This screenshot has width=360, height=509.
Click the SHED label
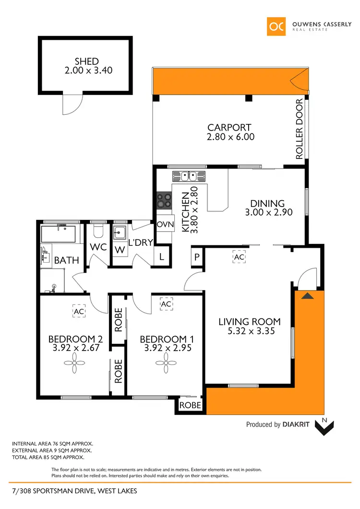coord(86,61)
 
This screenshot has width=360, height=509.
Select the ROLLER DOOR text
coord(300,129)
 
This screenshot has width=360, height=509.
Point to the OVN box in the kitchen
coord(165,225)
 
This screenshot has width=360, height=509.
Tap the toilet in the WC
coord(98,232)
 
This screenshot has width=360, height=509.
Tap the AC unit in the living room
coord(239,257)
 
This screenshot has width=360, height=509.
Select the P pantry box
coord(197,257)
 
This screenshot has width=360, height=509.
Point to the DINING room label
coord(267,204)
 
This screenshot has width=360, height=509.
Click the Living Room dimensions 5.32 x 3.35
coord(250,331)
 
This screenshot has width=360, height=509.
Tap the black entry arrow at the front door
coord(308,296)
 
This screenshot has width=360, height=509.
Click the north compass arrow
coord(324,426)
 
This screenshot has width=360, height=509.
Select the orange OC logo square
coord(277,26)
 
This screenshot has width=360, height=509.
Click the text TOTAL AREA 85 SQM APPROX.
coord(48,458)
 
